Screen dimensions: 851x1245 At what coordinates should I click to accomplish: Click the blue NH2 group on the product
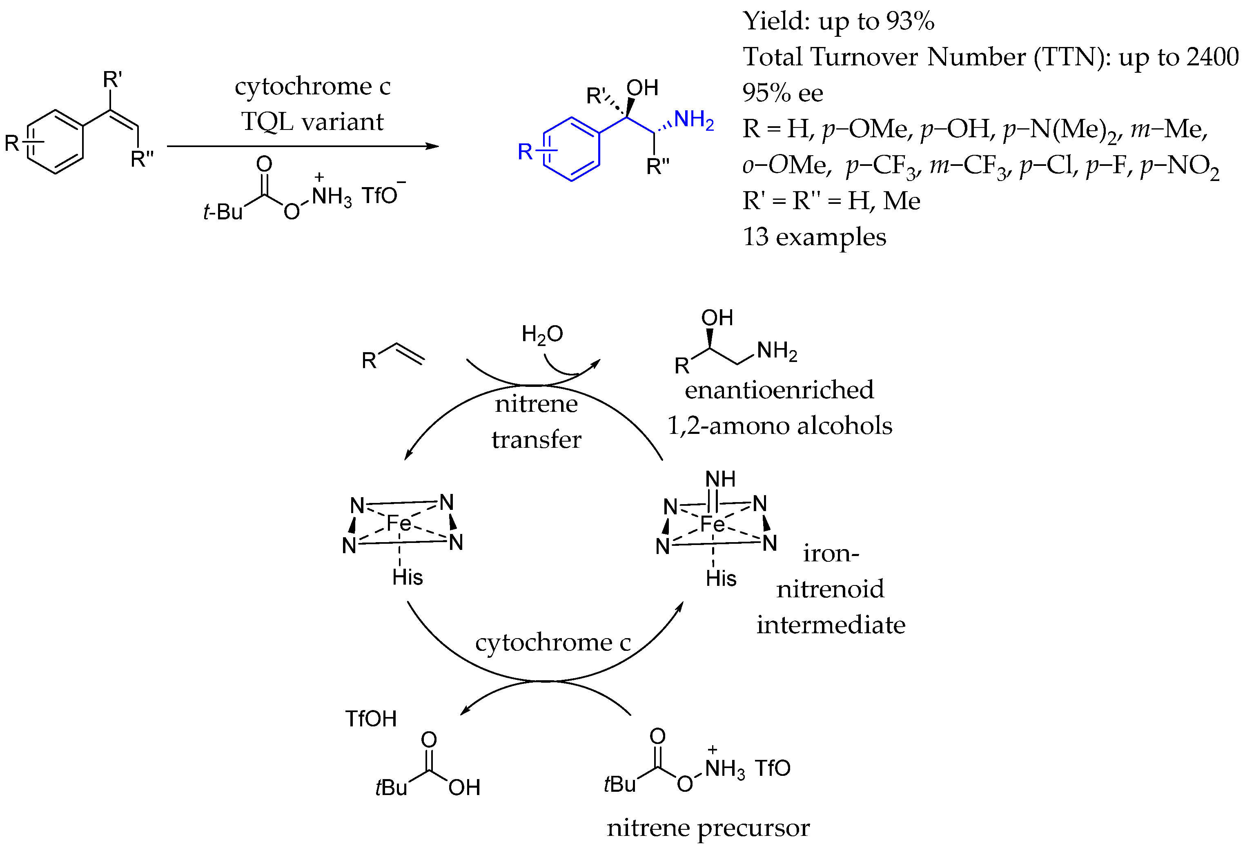click(x=693, y=120)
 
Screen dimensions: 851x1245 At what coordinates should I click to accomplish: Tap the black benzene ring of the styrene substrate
click(x=56, y=142)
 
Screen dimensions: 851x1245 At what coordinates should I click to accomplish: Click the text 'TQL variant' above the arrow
click(x=312, y=122)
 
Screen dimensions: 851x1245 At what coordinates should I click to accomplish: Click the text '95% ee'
click(x=782, y=93)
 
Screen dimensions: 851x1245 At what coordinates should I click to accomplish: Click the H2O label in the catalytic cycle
click(x=542, y=335)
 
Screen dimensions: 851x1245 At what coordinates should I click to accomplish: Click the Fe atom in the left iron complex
click(x=399, y=523)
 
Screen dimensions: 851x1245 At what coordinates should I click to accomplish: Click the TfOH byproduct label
click(x=371, y=719)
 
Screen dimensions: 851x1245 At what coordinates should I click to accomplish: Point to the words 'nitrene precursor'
click(x=708, y=828)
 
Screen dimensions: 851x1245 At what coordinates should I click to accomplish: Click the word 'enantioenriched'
click(x=779, y=390)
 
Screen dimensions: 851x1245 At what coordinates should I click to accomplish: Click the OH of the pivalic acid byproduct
click(x=464, y=788)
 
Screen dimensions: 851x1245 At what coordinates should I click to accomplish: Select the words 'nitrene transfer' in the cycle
click(x=536, y=422)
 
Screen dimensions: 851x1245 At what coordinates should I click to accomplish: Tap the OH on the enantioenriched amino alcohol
click(x=717, y=318)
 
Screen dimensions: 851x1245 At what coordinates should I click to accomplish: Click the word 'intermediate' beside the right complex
click(x=831, y=625)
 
